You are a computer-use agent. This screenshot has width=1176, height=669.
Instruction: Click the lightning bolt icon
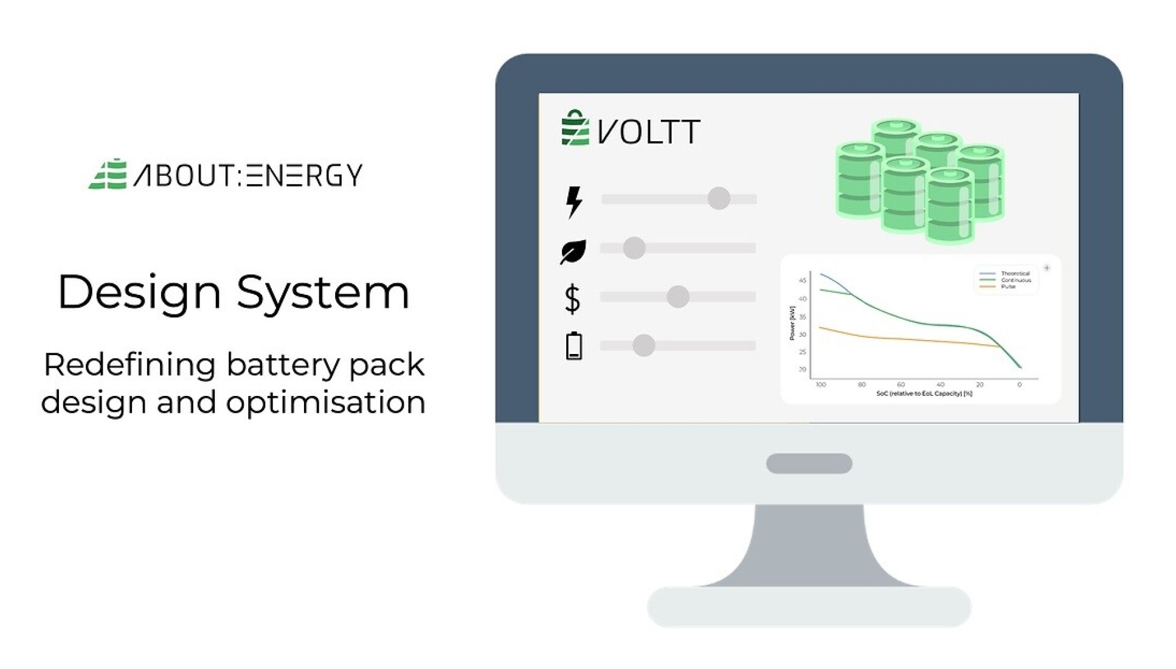573,201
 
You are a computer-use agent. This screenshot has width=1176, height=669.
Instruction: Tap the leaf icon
573,251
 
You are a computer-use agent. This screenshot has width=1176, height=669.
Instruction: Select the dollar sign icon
572,299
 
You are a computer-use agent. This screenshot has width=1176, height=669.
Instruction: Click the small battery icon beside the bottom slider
573,346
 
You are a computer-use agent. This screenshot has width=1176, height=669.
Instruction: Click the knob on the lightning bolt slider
718,198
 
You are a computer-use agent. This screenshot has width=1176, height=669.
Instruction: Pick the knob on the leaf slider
634,248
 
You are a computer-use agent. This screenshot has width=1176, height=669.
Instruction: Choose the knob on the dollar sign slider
677,297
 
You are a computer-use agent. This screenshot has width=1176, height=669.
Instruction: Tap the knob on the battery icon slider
643,345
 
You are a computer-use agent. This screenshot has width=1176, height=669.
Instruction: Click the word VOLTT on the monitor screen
649,131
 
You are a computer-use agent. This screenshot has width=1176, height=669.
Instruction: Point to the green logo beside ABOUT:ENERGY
108,175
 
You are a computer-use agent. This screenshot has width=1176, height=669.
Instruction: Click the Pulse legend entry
1008,286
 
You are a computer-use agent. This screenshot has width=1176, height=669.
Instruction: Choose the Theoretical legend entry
1015,274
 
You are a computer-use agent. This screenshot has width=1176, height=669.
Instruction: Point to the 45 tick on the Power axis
803,280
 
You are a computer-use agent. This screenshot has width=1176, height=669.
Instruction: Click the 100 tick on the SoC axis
820,385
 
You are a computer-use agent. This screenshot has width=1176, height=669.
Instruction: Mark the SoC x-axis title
924,394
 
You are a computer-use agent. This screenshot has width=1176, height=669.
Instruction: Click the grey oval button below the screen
809,463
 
